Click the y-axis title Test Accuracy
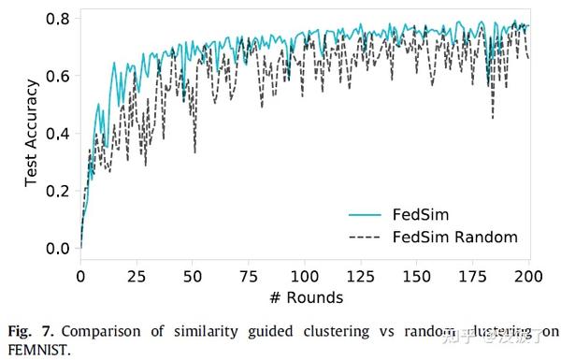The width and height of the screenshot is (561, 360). pyautogui.click(x=31, y=131)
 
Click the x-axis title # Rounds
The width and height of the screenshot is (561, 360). pyautogui.click(x=306, y=297)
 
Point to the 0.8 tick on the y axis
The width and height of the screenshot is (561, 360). pyautogui.click(x=59, y=19)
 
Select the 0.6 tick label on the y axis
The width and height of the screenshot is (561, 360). pyautogui.click(x=59, y=76)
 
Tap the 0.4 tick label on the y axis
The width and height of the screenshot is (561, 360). pyautogui.click(x=59, y=133)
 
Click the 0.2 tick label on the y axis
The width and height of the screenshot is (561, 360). pyautogui.click(x=59, y=191)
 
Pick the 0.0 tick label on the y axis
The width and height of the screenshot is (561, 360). pyautogui.click(x=59, y=248)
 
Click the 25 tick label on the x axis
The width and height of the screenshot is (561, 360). pyautogui.click(x=137, y=277)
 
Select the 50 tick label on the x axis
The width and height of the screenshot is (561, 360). pyautogui.click(x=193, y=277)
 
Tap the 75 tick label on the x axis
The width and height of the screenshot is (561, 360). pyautogui.click(x=249, y=277)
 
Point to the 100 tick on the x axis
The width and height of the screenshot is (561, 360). pyautogui.click(x=305, y=277)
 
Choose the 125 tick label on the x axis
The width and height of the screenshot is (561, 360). pyautogui.click(x=361, y=277)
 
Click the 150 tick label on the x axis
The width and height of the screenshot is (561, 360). pyautogui.click(x=418, y=277)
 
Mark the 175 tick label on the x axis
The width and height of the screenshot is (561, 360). pyautogui.click(x=474, y=277)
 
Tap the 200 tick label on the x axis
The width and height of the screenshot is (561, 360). pyautogui.click(x=529, y=277)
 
